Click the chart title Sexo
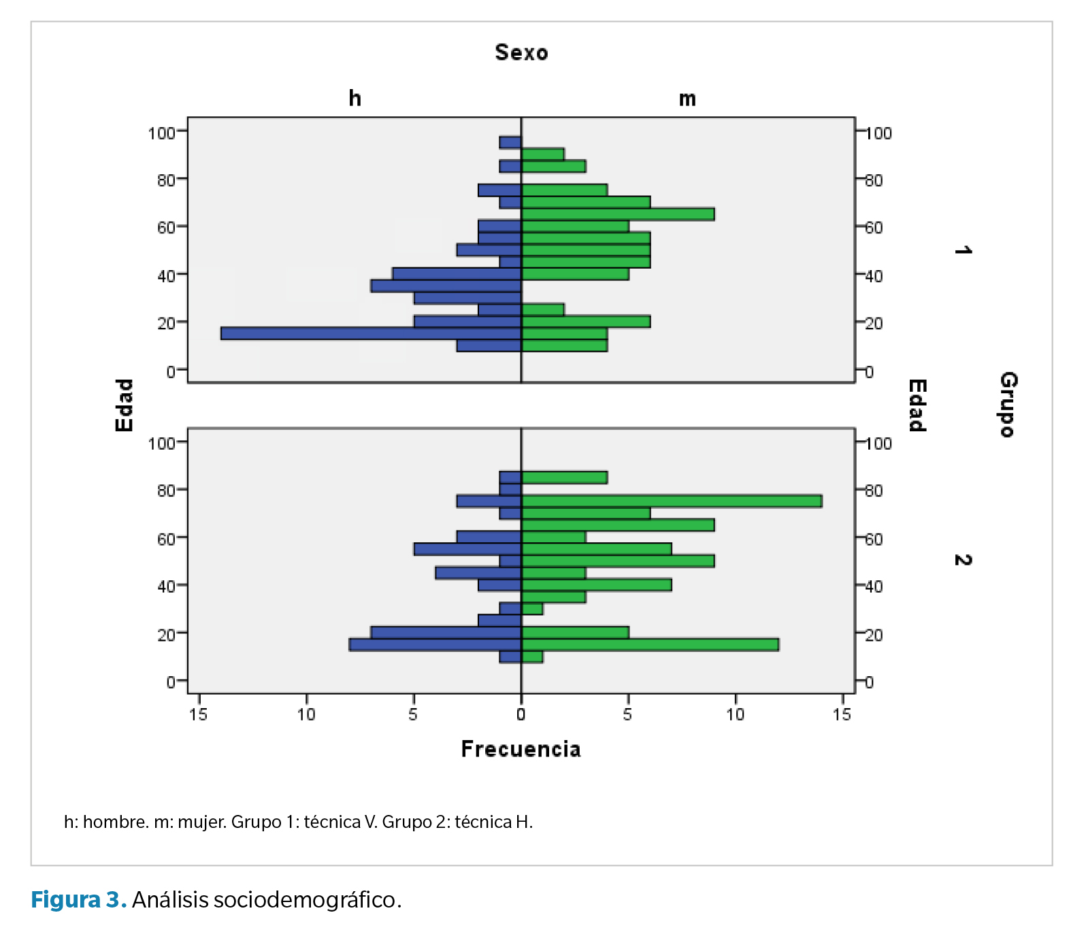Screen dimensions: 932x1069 point(521,52)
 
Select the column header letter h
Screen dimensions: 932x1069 point(355,99)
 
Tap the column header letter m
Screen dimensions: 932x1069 point(687,99)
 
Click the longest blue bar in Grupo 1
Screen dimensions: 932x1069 point(371,333)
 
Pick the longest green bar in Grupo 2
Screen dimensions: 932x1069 point(672,501)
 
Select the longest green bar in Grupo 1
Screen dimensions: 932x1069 point(618,214)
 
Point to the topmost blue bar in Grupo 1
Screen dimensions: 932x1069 point(510,143)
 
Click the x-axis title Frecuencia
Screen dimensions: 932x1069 point(521,749)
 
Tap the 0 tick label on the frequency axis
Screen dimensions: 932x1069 point(521,714)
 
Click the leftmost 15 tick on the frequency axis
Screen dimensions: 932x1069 point(199,714)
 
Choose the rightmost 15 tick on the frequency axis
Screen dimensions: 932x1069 point(842,714)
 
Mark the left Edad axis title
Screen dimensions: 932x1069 point(124,405)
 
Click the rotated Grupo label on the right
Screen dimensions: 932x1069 point(1008,404)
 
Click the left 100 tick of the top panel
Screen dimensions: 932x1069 point(162,133)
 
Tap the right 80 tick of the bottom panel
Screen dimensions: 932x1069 point(874,490)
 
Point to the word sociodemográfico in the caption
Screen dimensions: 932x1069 point(304,899)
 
